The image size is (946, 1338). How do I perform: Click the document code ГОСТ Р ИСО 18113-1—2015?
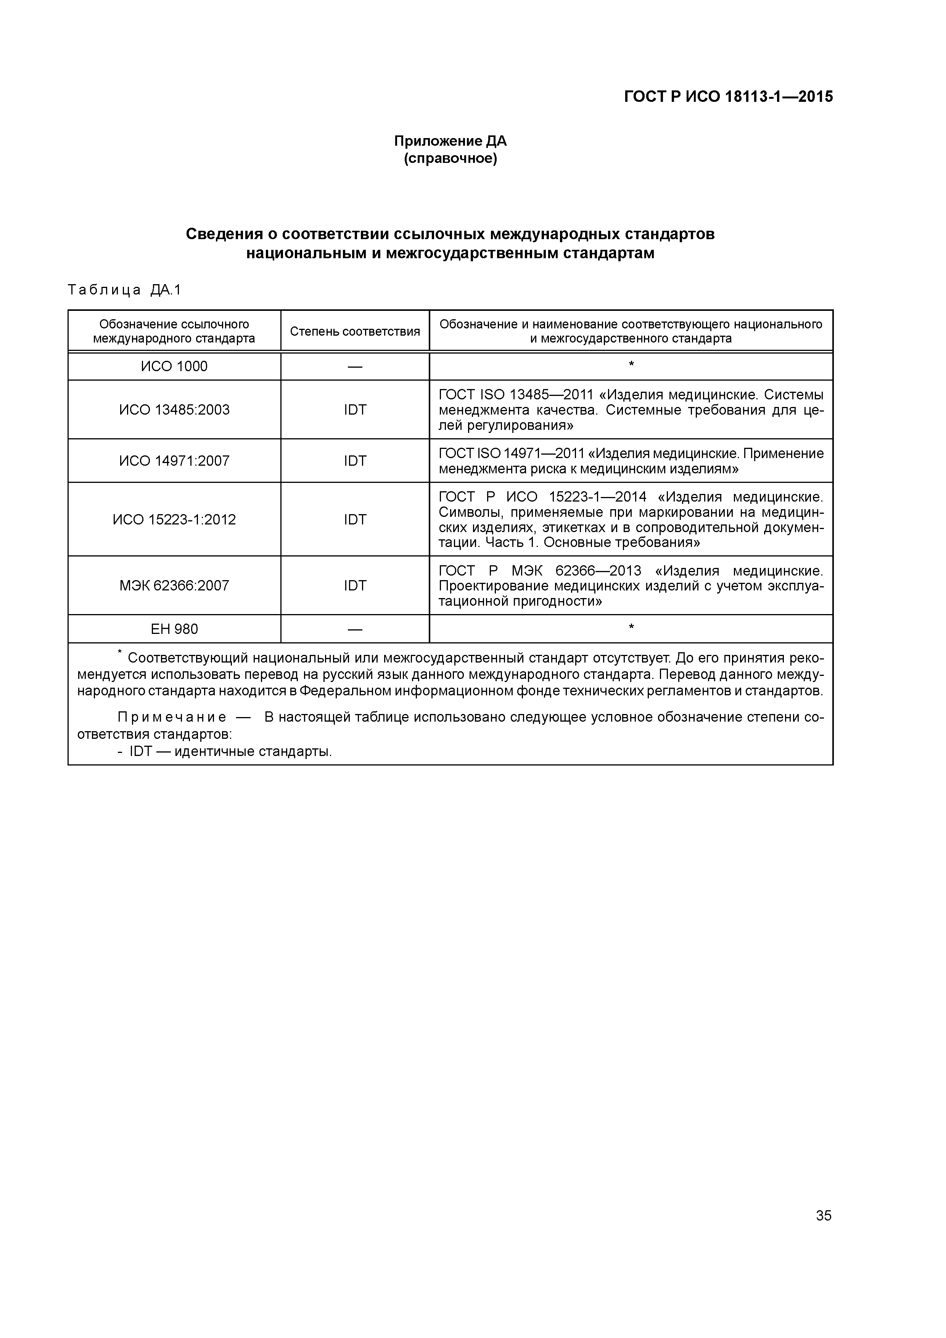(x=728, y=97)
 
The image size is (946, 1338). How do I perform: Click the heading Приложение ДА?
(x=450, y=141)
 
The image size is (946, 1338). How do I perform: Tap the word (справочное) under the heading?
(x=450, y=159)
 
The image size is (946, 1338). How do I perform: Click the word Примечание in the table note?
(x=172, y=717)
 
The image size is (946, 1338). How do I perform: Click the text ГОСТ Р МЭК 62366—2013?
(x=539, y=571)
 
